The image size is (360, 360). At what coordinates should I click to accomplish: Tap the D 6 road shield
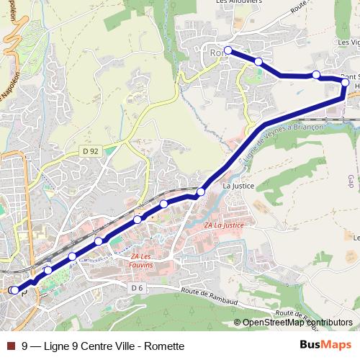[138, 288]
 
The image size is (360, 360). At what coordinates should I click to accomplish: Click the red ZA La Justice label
[225, 225]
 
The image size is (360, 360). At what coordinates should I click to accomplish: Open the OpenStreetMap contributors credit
[297, 323]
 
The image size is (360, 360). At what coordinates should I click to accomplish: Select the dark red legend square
[10, 346]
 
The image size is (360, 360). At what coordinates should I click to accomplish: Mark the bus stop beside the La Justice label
[201, 192]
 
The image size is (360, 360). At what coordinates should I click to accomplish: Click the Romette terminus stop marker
[228, 50]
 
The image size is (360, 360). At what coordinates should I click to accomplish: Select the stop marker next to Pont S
[345, 83]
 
